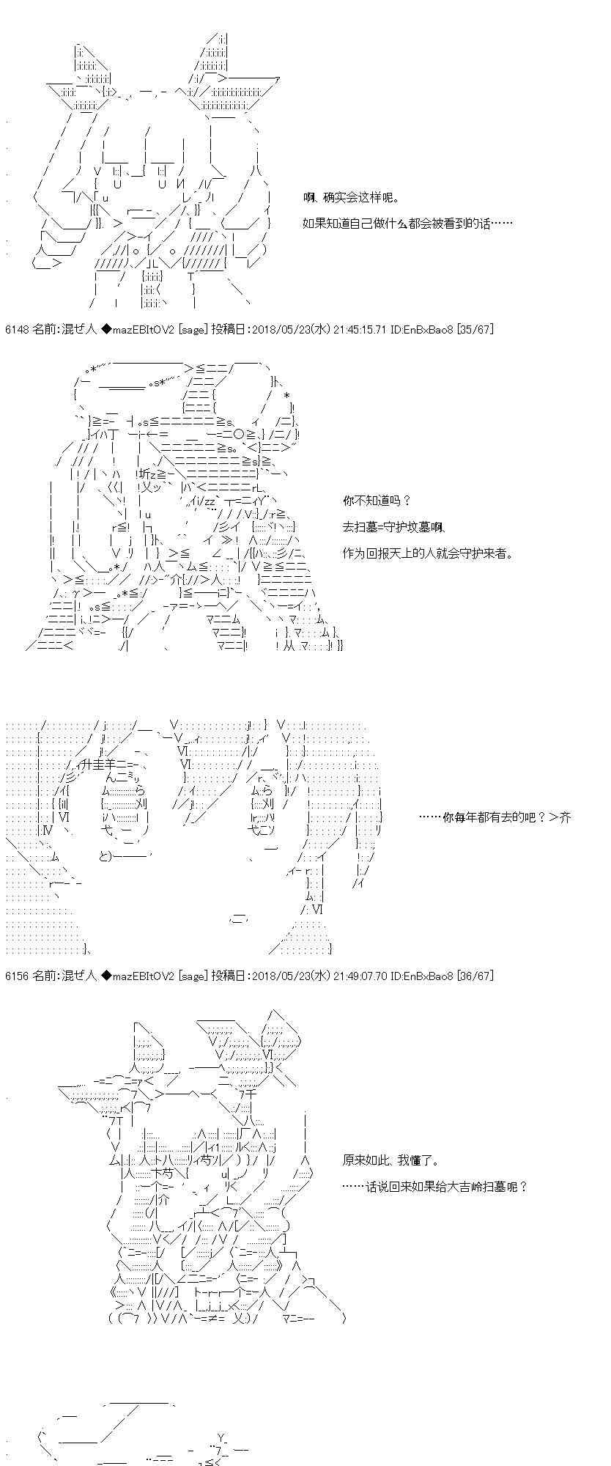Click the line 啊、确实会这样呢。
[x=351, y=198]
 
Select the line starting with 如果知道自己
[x=407, y=223]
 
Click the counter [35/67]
[x=475, y=330]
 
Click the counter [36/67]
[x=475, y=976]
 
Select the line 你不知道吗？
[x=377, y=501]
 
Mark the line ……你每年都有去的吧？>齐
[x=494, y=817]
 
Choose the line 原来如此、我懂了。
[x=390, y=1160]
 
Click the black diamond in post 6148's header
[x=105, y=330]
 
